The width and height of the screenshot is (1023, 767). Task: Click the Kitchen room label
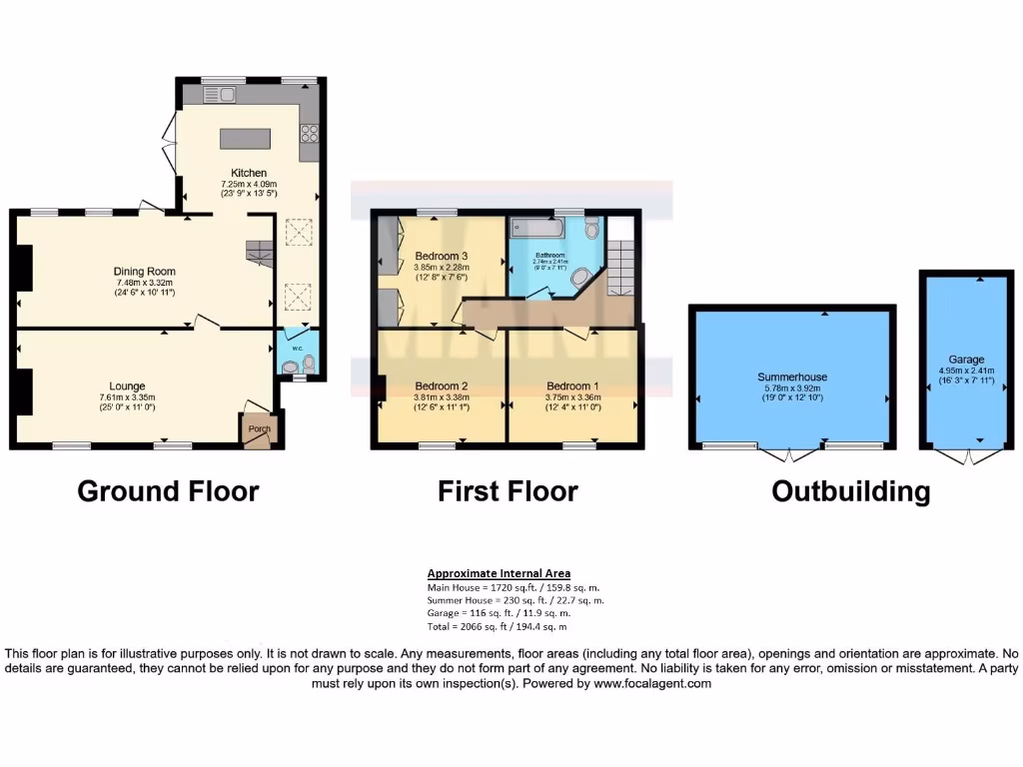[248, 173]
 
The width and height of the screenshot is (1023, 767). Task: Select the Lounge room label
[128, 385]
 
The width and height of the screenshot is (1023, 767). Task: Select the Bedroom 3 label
[442, 256]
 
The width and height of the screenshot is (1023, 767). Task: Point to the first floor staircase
[620, 264]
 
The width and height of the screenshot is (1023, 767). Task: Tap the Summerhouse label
[791, 377]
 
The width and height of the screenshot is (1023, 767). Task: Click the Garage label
[966, 359]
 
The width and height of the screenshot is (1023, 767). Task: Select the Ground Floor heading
[168, 491]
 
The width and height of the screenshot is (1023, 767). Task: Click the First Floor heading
[508, 491]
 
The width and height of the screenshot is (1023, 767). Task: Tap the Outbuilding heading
[851, 491]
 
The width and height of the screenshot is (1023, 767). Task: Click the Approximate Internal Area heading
[499, 573]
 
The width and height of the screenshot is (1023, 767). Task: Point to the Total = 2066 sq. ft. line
[497, 626]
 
